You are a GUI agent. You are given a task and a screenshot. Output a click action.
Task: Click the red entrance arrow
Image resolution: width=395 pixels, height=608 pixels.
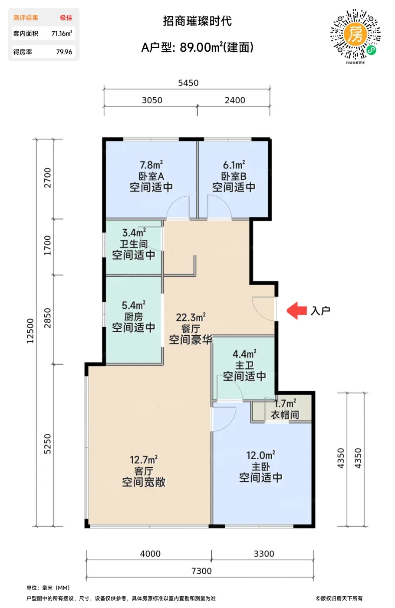point(296,310)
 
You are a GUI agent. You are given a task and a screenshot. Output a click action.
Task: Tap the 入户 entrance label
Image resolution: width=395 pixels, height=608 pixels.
point(320,311)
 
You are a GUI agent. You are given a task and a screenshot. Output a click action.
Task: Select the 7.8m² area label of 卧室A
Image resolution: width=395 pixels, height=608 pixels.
point(151,165)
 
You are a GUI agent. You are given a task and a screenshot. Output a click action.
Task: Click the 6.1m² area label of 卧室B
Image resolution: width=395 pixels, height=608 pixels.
point(234,165)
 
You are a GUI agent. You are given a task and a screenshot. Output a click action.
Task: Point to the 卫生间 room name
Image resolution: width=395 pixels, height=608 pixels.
point(134,244)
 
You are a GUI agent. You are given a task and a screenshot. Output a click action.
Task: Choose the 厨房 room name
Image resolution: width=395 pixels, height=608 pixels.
point(134,317)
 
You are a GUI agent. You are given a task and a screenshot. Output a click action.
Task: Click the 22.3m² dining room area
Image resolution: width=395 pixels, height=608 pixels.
point(191,317)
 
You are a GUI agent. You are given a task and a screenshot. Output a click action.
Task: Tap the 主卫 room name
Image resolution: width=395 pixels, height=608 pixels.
point(244,365)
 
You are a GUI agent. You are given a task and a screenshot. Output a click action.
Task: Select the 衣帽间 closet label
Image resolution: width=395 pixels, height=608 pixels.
point(285,415)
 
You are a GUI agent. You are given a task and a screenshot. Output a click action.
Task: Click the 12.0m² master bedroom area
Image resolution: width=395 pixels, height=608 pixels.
point(261,455)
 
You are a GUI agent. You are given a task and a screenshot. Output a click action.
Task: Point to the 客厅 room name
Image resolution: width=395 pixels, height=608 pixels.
point(144,471)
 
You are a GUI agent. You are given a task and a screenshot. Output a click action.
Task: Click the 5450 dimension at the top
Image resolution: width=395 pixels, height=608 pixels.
point(188,83)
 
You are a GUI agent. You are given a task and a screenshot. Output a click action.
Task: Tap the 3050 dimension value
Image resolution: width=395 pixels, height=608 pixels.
point(152,100)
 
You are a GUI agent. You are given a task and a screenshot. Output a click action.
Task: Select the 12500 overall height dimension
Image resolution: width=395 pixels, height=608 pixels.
point(30,331)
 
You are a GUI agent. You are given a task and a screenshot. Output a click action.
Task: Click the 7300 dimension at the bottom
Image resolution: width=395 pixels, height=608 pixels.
point(201,571)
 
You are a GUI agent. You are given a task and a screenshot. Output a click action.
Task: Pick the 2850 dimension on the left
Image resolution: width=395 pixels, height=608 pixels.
point(47,318)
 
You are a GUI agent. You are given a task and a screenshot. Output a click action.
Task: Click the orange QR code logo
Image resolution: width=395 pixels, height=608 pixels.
point(355,34)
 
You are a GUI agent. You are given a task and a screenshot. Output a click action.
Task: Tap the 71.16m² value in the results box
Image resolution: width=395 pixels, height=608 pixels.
point(62,33)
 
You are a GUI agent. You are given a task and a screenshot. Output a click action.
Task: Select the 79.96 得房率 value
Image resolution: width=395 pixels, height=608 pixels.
point(64,52)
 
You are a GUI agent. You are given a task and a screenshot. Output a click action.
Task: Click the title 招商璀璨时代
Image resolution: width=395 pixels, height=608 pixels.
point(197,21)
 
